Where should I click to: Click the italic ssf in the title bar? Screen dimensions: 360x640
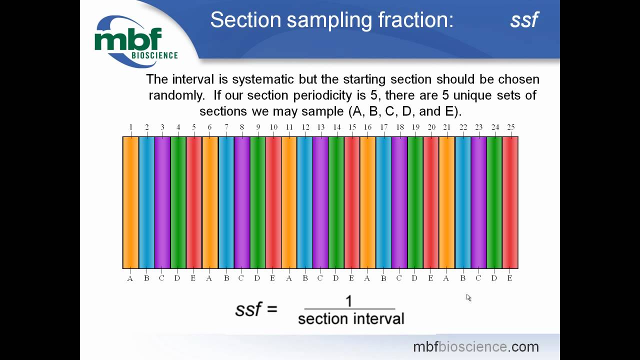click(x=524, y=20)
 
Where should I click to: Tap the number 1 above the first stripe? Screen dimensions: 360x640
click(x=131, y=127)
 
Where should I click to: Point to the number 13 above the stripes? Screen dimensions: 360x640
click(x=320, y=127)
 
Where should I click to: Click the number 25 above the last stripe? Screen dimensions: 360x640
click(x=510, y=127)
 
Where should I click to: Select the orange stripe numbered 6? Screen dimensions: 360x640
click(x=210, y=202)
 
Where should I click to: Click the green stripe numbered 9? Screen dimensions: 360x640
click(x=257, y=202)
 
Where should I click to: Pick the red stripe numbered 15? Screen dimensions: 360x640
click(x=352, y=202)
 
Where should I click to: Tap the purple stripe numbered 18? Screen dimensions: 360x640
click(x=399, y=202)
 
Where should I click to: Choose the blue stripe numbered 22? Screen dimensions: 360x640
click(x=463, y=202)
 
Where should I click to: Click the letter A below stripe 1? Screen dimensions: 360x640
click(x=130, y=278)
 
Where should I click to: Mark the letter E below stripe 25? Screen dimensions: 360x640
click(x=510, y=278)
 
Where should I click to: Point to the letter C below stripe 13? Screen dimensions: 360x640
click(x=320, y=278)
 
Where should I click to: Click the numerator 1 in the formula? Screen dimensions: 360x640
click(x=349, y=301)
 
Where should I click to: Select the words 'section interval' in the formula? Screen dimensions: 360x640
click(x=351, y=318)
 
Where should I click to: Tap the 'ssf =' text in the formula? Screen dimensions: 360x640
click(x=256, y=309)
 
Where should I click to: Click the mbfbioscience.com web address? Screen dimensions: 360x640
click(x=475, y=346)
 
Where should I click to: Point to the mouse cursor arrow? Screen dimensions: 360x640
click(x=468, y=297)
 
